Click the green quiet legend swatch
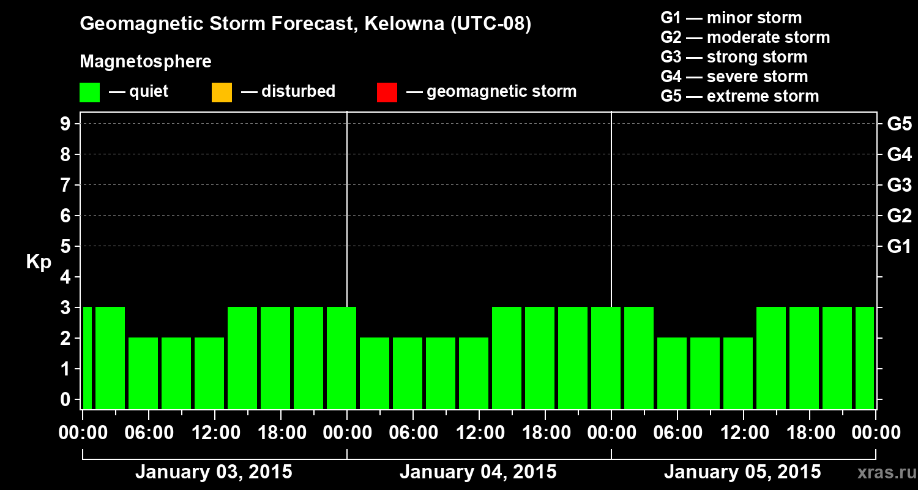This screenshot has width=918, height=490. tap(89, 92)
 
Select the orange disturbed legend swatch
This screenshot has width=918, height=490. tap(222, 92)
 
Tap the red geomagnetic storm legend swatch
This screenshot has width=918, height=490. tap(387, 92)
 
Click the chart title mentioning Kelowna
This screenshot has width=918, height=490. tap(305, 24)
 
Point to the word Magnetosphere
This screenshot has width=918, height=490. tap(146, 62)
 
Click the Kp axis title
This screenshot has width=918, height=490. tap(39, 263)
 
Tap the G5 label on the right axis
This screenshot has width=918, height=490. tap(899, 124)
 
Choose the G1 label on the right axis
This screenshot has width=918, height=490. tap(899, 247)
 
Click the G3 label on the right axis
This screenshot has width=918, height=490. tap(899, 186)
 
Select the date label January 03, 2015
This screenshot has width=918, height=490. tap(214, 472)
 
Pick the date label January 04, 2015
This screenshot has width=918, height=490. tap(478, 472)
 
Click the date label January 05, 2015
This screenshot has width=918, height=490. tap(742, 472)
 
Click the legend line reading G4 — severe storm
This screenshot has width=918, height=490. tap(734, 77)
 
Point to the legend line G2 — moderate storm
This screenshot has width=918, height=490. tap(745, 37)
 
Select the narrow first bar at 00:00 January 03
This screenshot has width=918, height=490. tap(87, 358)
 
